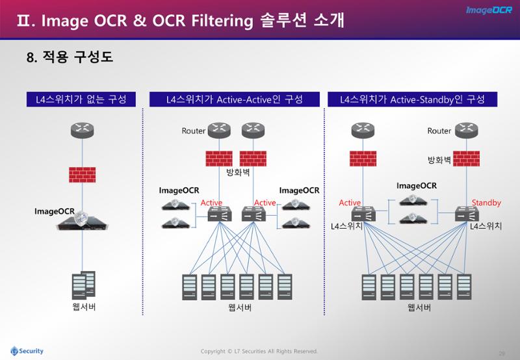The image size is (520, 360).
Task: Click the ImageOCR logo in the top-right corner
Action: (489, 10)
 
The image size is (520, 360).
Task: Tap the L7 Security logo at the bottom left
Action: (27, 351)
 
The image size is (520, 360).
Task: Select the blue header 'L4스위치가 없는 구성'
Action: (81, 99)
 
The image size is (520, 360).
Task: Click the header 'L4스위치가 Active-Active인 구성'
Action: (235, 99)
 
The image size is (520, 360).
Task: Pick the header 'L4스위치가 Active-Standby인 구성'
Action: (413, 99)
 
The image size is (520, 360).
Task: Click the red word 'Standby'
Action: (486, 202)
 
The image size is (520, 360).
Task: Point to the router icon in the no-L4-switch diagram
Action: (83, 130)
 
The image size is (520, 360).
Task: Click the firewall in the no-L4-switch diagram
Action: (83, 175)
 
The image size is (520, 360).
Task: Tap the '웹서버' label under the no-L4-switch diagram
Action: (84, 307)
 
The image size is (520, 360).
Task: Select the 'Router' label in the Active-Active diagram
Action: (194, 131)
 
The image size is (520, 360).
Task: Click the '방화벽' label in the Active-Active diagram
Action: (238, 172)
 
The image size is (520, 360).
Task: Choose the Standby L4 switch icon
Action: (467, 214)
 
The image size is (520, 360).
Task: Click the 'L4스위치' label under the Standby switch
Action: (486, 226)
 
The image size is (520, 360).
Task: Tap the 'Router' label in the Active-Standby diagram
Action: (439, 131)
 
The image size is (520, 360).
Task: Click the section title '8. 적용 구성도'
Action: (70, 57)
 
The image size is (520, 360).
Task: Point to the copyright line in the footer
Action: (259, 351)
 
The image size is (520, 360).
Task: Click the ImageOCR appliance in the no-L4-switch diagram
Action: (83, 221)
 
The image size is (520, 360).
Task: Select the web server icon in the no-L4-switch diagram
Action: (84, 285)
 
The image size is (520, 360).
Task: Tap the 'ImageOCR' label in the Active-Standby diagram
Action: (417, 186)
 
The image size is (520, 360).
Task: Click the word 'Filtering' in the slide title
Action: (222, 21)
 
